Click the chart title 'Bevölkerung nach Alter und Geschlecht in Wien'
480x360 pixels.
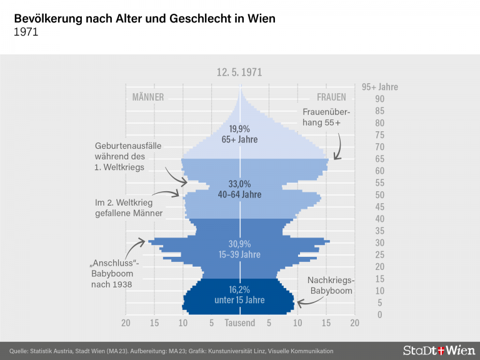144,19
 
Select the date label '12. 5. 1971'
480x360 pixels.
239,72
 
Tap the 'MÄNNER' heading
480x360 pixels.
148,97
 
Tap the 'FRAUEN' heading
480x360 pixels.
331,97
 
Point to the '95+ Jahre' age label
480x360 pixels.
379,87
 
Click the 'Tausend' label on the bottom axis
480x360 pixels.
240,323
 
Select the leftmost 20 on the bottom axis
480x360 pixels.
126,323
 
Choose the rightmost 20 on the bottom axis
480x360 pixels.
354,323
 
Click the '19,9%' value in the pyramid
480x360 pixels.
239,129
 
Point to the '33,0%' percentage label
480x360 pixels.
240,184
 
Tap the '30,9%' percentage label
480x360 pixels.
240,244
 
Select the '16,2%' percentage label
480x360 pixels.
240,290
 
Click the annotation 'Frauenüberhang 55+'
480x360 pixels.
326,117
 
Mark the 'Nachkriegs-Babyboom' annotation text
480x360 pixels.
331,286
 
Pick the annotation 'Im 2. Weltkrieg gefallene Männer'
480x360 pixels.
129,208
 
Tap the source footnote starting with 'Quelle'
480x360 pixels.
171,351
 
